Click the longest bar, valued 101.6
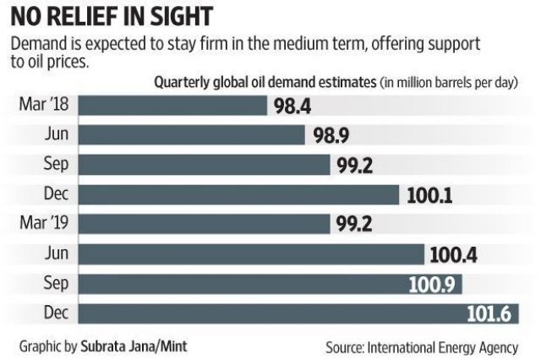pyautogui.click(x=270, y=314)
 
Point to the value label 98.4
pyautogui.click(x=292, y=106)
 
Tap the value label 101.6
pyautogui.click(x=488, y=314)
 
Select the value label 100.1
pyautogui.click(x=427, y=194)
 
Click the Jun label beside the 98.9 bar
pyautogui.click(x=57, y=134)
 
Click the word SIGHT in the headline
pyautogui.click(x=201, y=18)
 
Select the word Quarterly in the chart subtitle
pyautogui.click(x=184, y=83)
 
